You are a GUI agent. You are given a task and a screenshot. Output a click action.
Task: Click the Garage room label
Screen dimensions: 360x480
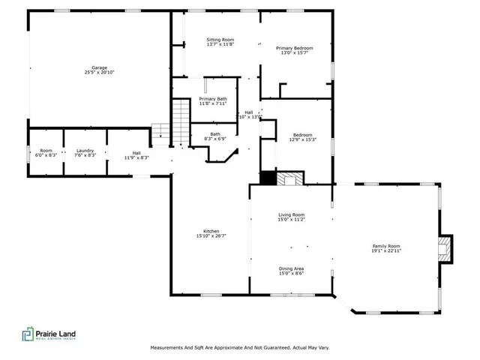tap(99, 67)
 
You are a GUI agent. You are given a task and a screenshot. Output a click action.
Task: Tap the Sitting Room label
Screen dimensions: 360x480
tap(220, 39)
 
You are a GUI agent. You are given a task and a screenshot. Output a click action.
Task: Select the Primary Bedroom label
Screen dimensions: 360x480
tap(294, 48)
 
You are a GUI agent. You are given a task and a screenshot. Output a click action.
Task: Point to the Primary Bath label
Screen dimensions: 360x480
tap(213, 99)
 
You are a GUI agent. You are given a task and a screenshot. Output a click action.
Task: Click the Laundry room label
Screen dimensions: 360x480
tap(85, 150)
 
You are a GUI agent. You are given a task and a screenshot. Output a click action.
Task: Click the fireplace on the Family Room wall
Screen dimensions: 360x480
tap(445, 249)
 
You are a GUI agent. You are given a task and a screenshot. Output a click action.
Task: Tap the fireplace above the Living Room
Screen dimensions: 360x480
tap(289, 179)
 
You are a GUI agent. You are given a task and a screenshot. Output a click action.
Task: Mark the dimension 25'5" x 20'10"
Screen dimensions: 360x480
tap(99, 72)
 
